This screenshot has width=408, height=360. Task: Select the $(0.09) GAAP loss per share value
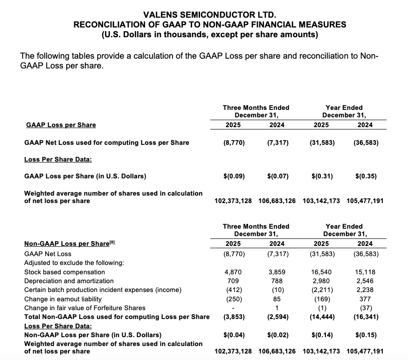(x=234, y=176)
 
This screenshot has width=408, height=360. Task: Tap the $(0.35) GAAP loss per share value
(x=366, y=176)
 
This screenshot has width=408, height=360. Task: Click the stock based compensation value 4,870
(x=234, y=272)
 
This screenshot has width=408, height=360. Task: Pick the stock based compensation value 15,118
(x=366, y=272)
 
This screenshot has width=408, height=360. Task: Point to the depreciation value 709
(x=234, y=281)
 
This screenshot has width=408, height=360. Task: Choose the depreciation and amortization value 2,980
(x=322, y=281)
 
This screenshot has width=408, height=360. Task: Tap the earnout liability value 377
(x=366, y=299)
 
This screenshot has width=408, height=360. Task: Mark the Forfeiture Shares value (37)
(x=366, y=307)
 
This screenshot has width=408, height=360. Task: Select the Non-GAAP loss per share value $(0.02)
(x=278, y=335)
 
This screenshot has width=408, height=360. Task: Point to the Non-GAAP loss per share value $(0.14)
(x=322, y=335)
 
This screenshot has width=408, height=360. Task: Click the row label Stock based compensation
(x=64, y=272)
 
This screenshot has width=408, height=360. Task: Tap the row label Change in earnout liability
(x=62, y=299)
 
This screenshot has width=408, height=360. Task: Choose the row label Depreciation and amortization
(x=69, y=281)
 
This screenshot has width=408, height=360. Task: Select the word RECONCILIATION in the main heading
(x=108, y=24)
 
